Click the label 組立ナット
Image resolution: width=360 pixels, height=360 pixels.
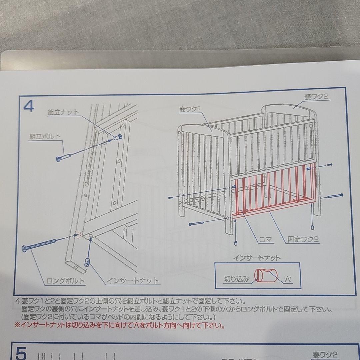point(63,112)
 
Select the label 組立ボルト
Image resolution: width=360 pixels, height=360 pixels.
point(45,136)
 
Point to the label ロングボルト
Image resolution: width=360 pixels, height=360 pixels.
point(65,281)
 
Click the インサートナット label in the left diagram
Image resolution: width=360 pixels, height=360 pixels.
point(133,281)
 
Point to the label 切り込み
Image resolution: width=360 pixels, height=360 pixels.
point(237,279)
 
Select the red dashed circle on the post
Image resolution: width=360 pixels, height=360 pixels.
point(79,235)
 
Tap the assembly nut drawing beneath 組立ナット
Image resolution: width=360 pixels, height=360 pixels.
point(118,137)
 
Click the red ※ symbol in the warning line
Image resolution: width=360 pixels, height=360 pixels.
point(18,324)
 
